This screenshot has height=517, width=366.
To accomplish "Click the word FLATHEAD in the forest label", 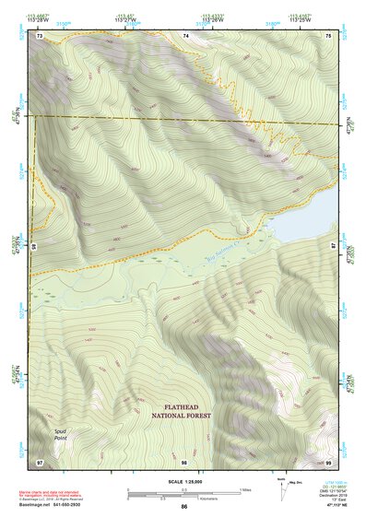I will coord(182,405).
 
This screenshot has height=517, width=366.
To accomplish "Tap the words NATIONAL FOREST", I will coord(182,416).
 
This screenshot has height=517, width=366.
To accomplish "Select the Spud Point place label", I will coord(60,434).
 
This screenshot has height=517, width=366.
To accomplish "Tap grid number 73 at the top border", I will coord(40,35).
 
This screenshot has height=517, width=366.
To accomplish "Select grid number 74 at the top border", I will coord(185,35).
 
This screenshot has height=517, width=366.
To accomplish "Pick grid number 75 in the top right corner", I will coord(327,35).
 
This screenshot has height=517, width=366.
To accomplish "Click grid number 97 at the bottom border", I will coord(40,461).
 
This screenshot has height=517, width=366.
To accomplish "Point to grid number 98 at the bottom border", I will coord(184,461).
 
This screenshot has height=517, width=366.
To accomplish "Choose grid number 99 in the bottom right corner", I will coord(327,461).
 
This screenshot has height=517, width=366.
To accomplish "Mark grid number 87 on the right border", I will coord(334,247).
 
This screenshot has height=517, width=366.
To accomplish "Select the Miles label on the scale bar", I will coord(244,488).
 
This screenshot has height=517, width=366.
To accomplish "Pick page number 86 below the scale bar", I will coord(184,507).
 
